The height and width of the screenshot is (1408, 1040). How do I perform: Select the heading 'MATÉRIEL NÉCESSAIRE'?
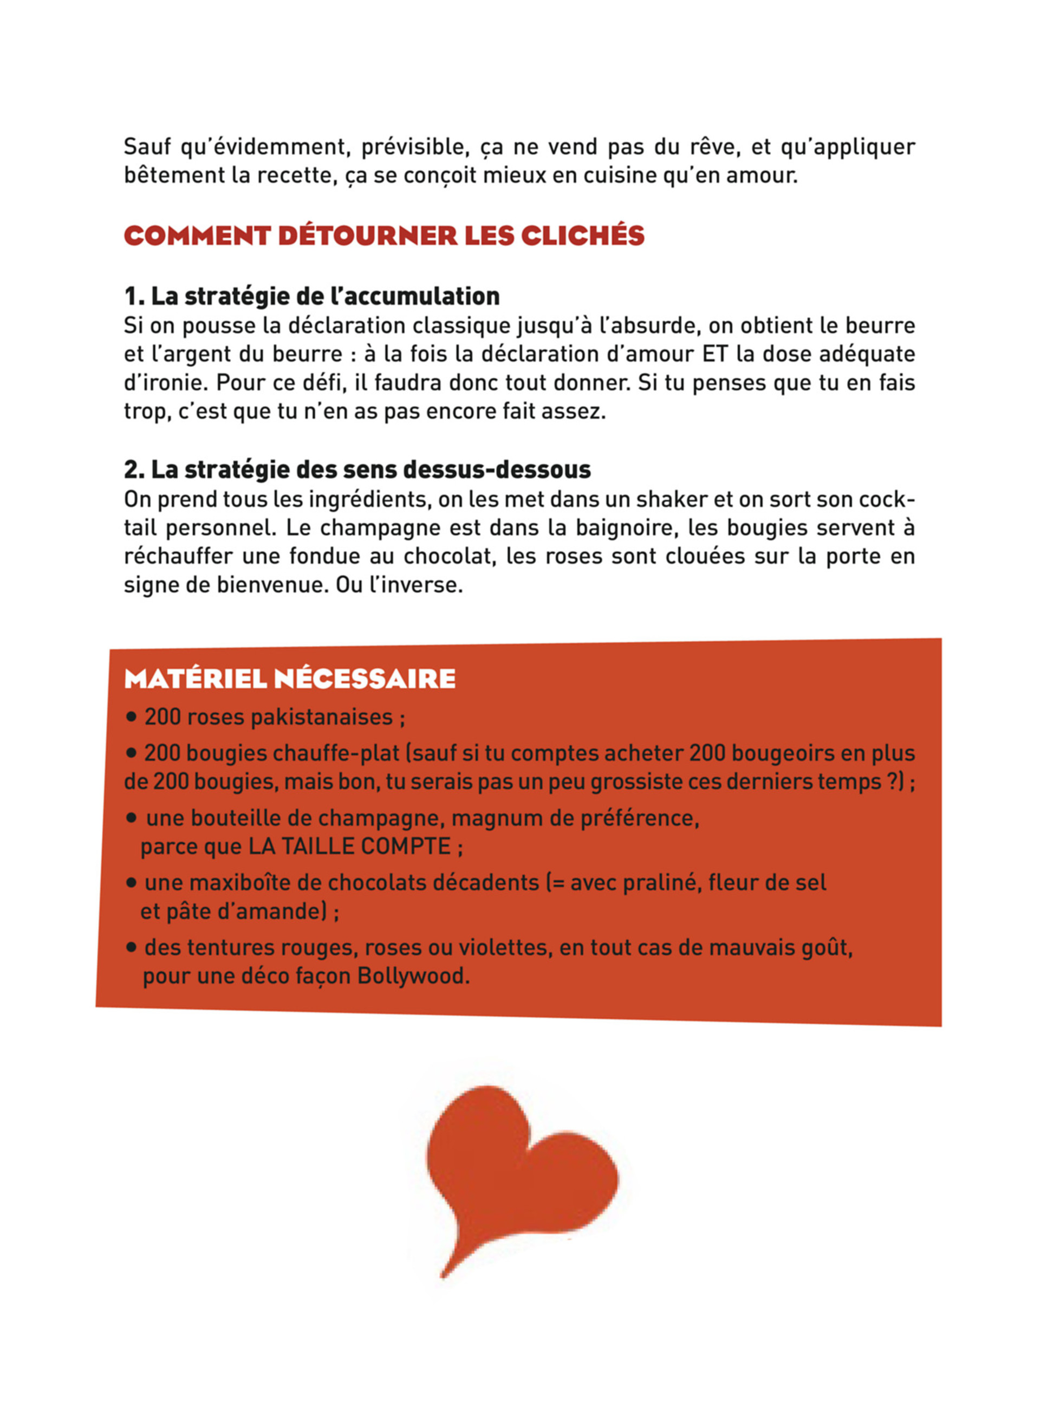pyautogui.click(x=290, y=679)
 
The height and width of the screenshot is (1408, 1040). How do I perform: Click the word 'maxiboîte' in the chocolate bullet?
pyautogui.click(x=238, y=883)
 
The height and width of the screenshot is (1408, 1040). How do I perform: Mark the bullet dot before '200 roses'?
pyautogui.click(x=131, y=716)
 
